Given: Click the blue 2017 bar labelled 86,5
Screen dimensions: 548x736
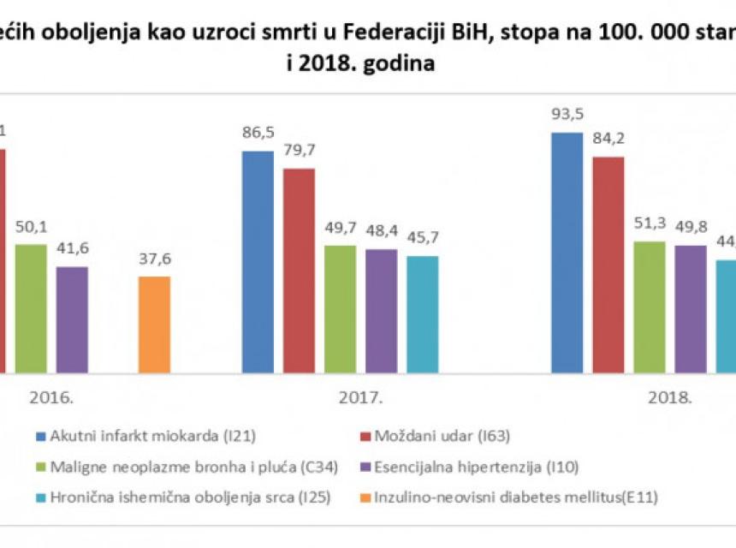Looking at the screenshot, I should pos(258,262).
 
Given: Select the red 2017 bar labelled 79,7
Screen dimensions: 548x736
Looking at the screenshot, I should pos(299,271).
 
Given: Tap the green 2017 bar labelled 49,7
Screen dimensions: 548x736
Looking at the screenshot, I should pos(340,309).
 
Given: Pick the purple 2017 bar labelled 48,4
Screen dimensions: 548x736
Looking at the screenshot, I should pos(381,311).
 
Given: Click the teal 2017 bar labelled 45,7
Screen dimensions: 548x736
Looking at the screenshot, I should pos(422,314).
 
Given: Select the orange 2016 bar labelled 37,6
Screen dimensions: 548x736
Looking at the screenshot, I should pos(155,325).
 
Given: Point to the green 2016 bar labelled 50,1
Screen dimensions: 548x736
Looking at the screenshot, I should pos(31,308).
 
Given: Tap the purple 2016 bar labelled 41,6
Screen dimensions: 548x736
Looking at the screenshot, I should pos(72,319).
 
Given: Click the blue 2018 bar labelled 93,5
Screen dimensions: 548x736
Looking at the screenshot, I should pos(567,253).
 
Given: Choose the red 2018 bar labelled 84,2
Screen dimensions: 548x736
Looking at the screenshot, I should pos(608,265).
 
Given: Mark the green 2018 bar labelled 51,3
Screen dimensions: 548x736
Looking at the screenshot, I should pos(650,307).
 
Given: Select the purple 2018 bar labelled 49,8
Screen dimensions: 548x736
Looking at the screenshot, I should pos(691,309).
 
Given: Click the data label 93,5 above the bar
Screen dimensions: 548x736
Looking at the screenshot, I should pos(567,116).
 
